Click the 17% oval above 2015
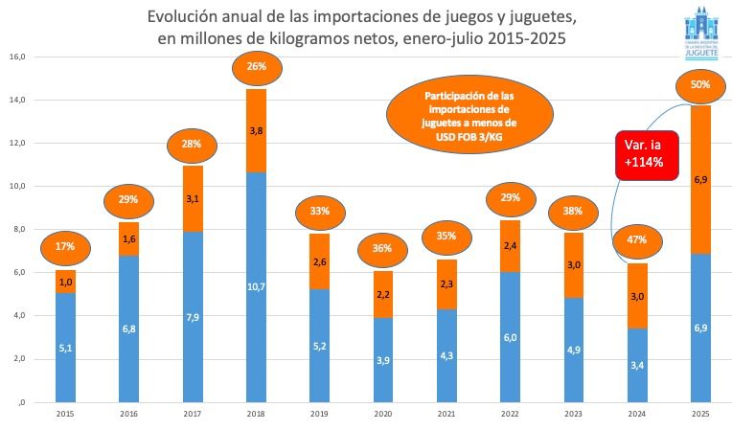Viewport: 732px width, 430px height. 64,246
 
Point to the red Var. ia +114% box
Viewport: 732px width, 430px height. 646,154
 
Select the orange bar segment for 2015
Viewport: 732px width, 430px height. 64,282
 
